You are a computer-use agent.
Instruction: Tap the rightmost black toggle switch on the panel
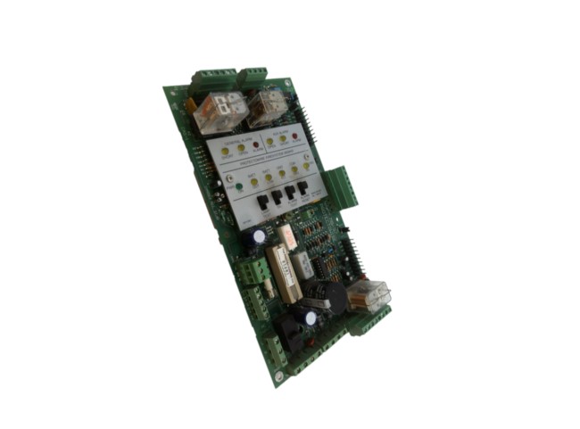click(x=302, y=188)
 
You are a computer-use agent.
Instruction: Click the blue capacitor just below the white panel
click(x=258, y=238)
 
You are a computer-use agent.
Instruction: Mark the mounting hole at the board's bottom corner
click(x=278, y=378)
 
